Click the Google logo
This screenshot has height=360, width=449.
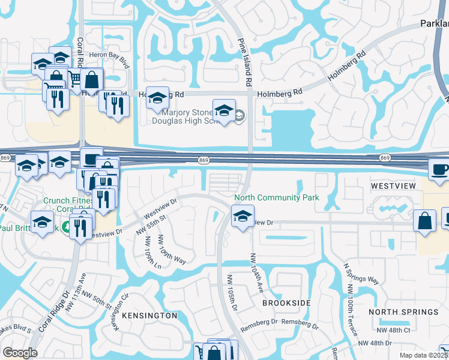click(x=20, y=353)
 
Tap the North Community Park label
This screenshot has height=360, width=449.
click(x=276, y=197)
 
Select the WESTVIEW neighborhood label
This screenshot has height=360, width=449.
click(x=393, y=186)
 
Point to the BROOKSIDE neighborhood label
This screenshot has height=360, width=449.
click(x=287, y=303)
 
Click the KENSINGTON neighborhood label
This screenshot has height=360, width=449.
click(x=149, y=315)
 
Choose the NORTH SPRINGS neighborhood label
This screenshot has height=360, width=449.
click(x=403, y=312)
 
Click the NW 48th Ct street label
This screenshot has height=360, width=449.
click(x=393, y=331)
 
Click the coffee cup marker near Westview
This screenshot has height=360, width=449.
click(x=439, y=168)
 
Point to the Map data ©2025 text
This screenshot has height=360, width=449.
click(x=424, y=355)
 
